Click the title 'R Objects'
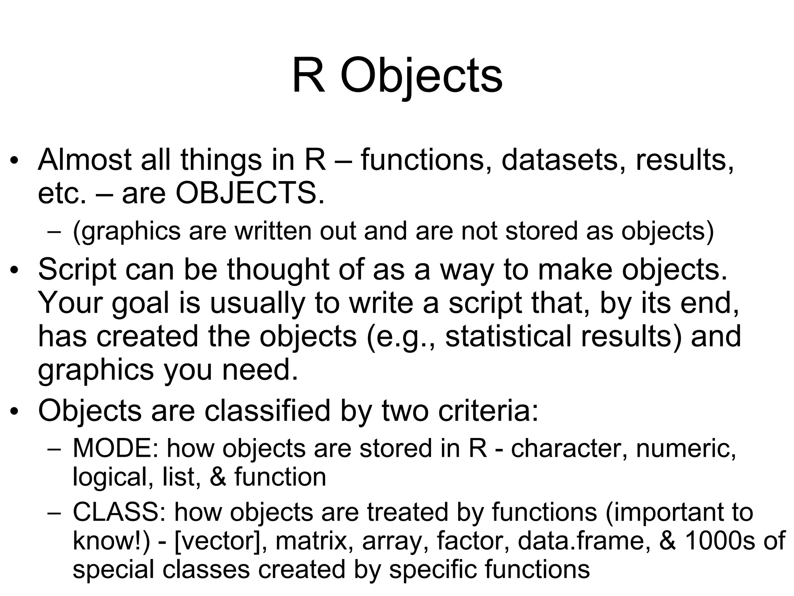[397, 76]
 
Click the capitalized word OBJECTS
[250, 193]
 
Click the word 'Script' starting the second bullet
[77, 269]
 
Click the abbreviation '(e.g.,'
[401, 336]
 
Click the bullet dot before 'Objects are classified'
[14, 412]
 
